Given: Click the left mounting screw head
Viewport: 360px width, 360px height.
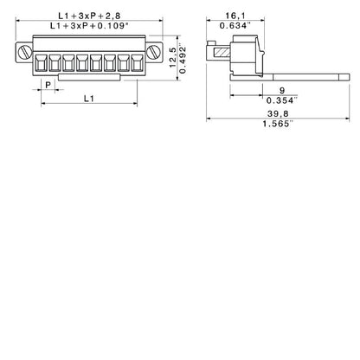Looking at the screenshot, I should coord(22,53).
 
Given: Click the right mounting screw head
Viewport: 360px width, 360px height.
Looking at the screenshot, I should coord(156,53).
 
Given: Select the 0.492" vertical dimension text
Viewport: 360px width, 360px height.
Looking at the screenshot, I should coord(182,57).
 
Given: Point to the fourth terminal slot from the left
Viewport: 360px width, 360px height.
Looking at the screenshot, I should coord(81,64).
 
